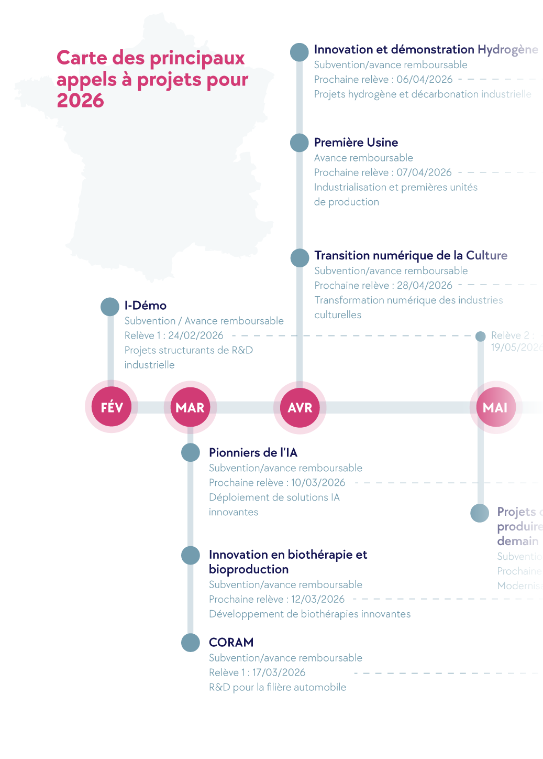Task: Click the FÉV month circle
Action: tap(111, 407)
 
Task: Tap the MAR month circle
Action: tap(190, 407)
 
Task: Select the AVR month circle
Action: tap(300, 407)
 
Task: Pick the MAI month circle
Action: tap(495, 407)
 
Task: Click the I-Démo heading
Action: tap(145, 306)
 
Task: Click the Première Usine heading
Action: tap(356, 143)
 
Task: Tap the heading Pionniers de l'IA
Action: tap(253, 453)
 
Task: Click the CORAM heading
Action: tap(231, 643)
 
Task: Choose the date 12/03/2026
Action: tap(318, 599)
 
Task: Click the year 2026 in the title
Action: tap(80, 101)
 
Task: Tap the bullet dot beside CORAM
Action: tap(191, 643)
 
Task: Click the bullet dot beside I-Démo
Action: tap(110, 307)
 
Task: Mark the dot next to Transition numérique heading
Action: tap(300, 257)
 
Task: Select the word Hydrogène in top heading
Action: tap(507, 50)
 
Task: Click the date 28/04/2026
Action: tap(424, 285)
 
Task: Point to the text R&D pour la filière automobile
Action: tap(277, 687)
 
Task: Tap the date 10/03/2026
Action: tap(318, 483)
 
